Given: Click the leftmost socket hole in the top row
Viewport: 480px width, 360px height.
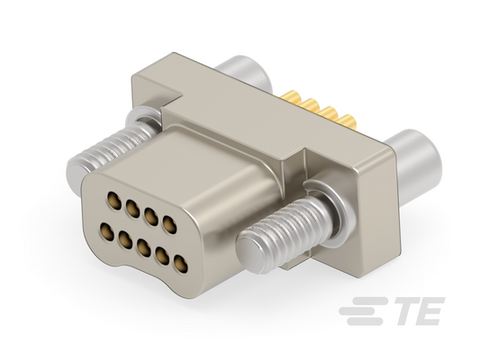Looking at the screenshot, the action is tap(114, 201).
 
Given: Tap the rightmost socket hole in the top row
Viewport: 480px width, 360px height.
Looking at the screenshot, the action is tap(169, 225).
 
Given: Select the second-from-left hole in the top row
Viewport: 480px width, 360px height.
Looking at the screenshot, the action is tap(132, 209).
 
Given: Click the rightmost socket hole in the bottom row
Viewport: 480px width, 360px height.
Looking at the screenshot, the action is tap(181, 264).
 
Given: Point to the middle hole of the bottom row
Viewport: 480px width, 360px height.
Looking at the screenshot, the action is tap(144, 247).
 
